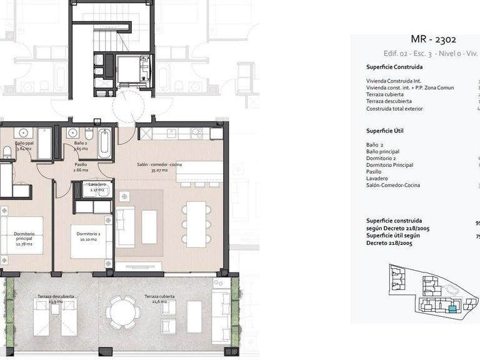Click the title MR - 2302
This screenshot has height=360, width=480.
(x=420, y=40)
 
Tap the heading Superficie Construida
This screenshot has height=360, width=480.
(x=394, y=67)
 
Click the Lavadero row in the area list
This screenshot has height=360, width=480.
(x=377, y=179)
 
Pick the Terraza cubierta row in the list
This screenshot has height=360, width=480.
(x=386, y=94)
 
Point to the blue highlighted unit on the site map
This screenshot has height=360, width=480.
(x=452, y=308)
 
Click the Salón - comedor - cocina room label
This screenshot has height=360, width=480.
(x=159, y=165)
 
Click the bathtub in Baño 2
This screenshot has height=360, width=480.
(x=104, y=143)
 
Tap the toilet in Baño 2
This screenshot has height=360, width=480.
(x=89, y=134)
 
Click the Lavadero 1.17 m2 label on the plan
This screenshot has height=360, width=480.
(x=96, y=187)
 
